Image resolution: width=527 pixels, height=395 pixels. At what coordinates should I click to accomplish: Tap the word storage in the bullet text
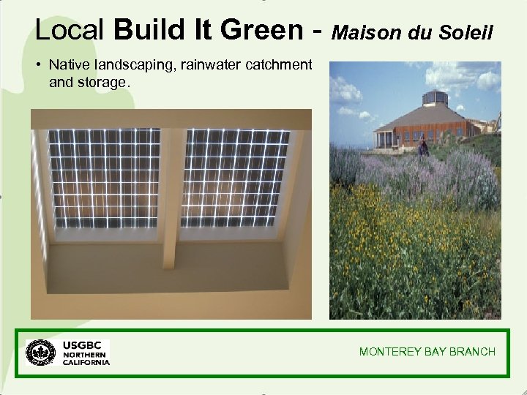pyautogui.click(x=102, y=82)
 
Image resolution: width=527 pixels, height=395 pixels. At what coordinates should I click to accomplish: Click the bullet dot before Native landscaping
pyautogui.click(x=37, y=66)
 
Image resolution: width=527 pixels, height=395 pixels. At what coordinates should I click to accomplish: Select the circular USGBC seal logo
pyautogui.click(x=40, y=353)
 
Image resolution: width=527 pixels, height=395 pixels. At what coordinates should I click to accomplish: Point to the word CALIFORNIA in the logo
pyautogui.click(x=86, y=362)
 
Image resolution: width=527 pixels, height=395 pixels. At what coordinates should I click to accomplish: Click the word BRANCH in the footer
pyautogui.click(x=472, y=352)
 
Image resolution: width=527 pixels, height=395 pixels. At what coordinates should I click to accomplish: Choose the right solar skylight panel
pyautogui.click(x=235, y=179)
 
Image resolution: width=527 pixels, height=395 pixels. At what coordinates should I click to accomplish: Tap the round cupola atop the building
pyautogui.click(x=436, y=97)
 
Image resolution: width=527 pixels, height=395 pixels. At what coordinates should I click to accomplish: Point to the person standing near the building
pyautogui.click(x=422, y=148)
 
